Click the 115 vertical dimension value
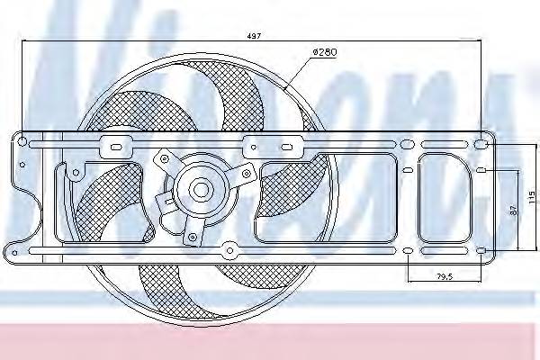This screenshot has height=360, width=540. [x=531, y=195]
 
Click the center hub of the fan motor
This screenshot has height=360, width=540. [x=200, y=190]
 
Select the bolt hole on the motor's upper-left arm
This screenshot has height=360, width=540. [x=165, y=157]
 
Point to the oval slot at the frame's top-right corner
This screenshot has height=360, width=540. [x=481, y=144]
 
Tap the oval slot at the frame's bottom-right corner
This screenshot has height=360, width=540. [x=481, y=249]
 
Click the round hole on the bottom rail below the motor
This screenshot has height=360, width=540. [x=229, y=250]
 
